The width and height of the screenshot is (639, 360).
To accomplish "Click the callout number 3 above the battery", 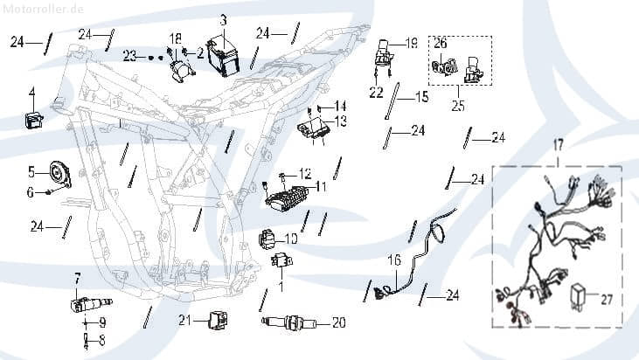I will pos(223,19).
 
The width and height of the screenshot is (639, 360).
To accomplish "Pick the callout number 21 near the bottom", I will pos(184,320).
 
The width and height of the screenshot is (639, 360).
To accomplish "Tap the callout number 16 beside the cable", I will pos(394,260).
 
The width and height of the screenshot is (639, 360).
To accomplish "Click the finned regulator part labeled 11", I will pos(288,197).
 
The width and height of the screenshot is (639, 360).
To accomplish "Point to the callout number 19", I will pos(412,43).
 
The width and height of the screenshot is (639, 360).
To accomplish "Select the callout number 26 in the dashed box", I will pos(441,42).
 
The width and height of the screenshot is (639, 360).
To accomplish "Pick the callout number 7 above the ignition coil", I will pos(77,278).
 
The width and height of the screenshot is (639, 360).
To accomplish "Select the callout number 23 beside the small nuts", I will pos(130,56).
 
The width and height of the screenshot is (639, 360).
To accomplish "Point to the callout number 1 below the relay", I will pos(281,285).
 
